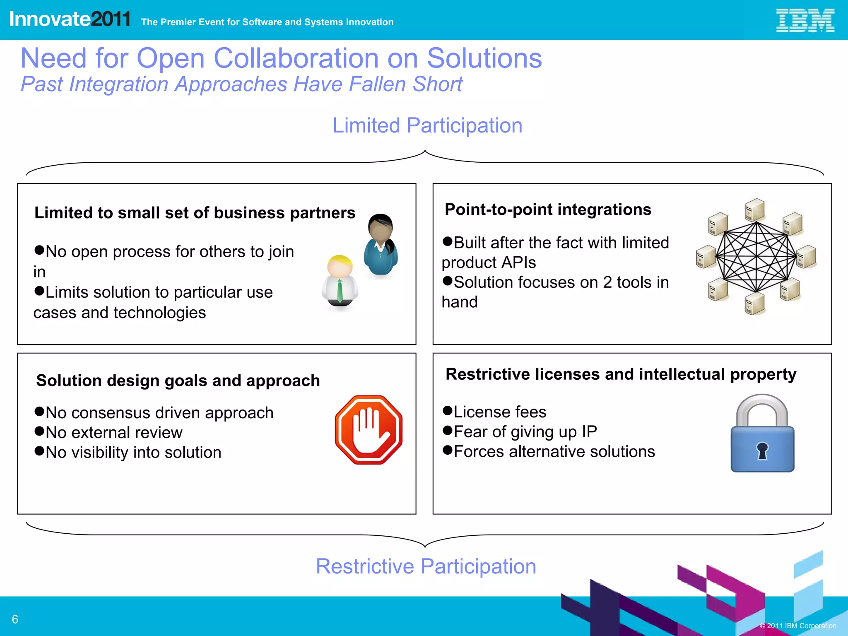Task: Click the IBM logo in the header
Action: pyautogui.click(x=805, y=20)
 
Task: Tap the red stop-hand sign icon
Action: pyautogui.click(x=369, y=430)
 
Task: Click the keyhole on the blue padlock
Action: pyautogui.click(x=762, y=450)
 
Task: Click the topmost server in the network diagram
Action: pyautogui.click(x=754, y=210)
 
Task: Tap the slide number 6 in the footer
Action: pyautogui.click(x=15, y=619)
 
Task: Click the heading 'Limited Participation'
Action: pyautogui.click(x=427, y=125)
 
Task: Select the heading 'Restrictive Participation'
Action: pyautogui.click(x=426, y=566)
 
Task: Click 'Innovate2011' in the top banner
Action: pyautogui.click(x=70, y=19)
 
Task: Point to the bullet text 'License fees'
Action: pyautogui.click(x=500, y=412)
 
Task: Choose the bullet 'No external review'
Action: pyautogui.click(x=114, y=433)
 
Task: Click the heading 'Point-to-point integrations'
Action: pyautogui.click(x=548, y=210)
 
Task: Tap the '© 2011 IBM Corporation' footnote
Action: pyautogui.click(x=798, y=626)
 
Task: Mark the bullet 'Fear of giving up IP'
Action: pyautogui.click(x=525, y=432)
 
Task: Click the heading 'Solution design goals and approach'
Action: pyautogui.click(x=178, y=381)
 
